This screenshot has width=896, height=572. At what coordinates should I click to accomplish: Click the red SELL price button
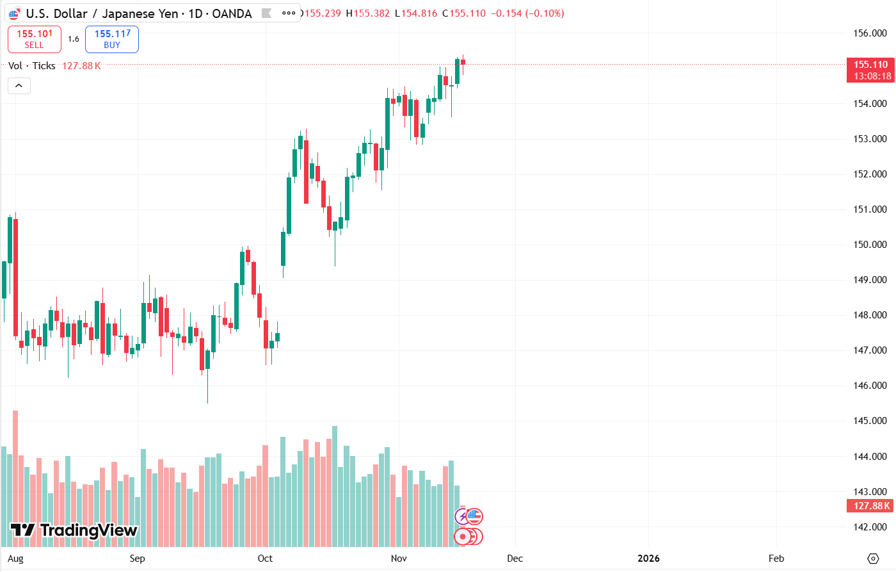click(35, 39)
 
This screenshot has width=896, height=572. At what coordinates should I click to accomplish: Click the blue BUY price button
click(112, 39)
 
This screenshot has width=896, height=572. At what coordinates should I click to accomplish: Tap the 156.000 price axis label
click(870, 33)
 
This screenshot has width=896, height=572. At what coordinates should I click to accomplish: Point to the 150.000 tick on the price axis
click(870, 245)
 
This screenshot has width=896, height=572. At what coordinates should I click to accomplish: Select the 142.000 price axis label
click(870, 527)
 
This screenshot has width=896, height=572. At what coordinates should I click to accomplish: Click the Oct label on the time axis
click(265, 559)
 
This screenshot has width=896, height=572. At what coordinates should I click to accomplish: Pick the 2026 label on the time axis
click(648, 559)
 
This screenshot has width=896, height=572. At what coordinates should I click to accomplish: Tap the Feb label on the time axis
click(776, 559)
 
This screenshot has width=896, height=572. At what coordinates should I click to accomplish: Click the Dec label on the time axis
click(515, 559)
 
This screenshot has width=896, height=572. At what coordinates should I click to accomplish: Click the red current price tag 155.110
click(870, 65)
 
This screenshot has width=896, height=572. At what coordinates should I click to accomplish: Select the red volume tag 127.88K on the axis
click(870, 506)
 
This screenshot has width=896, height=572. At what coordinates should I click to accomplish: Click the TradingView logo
click(74, 530)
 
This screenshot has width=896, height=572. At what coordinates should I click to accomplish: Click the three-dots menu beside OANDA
click(289, 13)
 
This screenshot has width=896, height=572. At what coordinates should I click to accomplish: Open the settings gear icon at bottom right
click(873, 559)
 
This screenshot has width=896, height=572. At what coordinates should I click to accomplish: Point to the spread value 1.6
click(74, 39)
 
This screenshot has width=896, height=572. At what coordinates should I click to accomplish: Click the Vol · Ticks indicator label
click(31, 66)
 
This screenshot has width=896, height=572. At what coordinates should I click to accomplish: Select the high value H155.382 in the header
click(368, 13)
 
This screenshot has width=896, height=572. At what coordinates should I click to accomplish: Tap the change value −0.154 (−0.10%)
click(527, 13)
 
